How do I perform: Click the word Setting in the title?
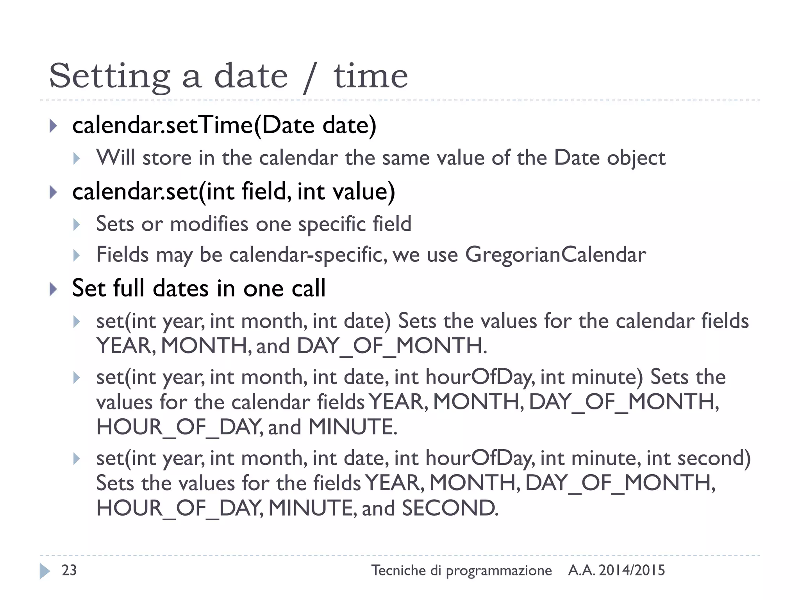(x=110, y=77)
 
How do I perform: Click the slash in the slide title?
(x=309, y=78)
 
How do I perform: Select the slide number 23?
(x=69, y=570)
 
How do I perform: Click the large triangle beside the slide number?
(x=45, y=571)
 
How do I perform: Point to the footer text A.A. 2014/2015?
(x=616, y=570)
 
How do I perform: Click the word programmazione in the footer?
(x=499, y=571)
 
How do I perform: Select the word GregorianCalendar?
(x=555, y=255)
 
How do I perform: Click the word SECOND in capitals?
(x=450, y=508)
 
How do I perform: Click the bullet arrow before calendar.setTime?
(x=54, y=126)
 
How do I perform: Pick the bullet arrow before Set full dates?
(x=54, y=289)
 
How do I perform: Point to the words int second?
(x=698, y=458)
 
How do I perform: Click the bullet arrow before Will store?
(x=77, y=159)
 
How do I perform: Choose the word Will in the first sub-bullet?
(x=116, y=158)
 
